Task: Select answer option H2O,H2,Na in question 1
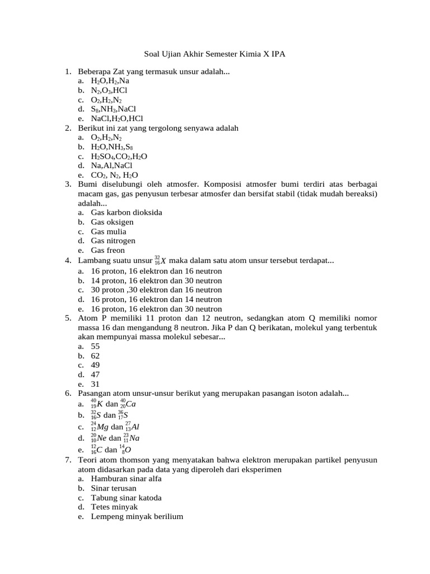point(110,81)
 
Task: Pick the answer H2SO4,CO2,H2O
point(119,156)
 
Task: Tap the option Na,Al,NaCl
point(111,166)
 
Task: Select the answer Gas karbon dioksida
point(127,213)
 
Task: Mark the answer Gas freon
point(107,251)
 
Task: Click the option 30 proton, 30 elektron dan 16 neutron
point(156,290)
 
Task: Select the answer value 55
point(95,346)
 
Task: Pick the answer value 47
point(95,374)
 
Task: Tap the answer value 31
point(95,384)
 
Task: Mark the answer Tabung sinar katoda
point(127,498)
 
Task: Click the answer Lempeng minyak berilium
point(137,517)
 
